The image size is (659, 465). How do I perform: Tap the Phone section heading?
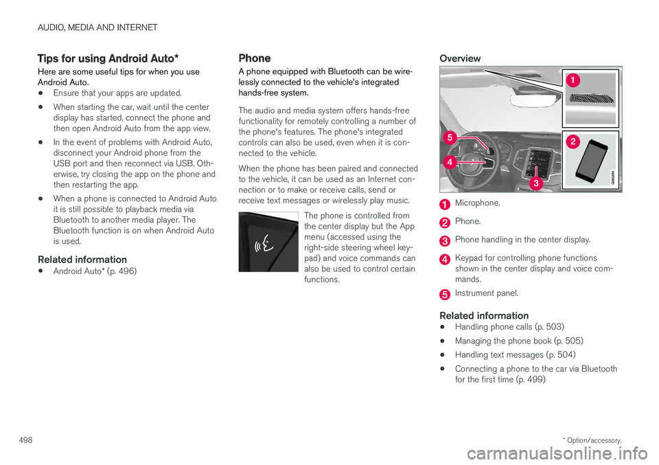[x=254, y=58]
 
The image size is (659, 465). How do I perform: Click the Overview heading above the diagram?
[x=460, y=58]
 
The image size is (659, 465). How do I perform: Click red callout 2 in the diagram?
[x=573, y=141]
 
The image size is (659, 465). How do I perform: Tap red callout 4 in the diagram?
[x=448, y=162]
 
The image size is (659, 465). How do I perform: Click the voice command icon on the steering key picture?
[x=262, y=244]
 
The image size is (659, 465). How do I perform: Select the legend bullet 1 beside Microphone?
[x=446, y=204]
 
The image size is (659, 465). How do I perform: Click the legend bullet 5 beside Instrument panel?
[x=446, y=294]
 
